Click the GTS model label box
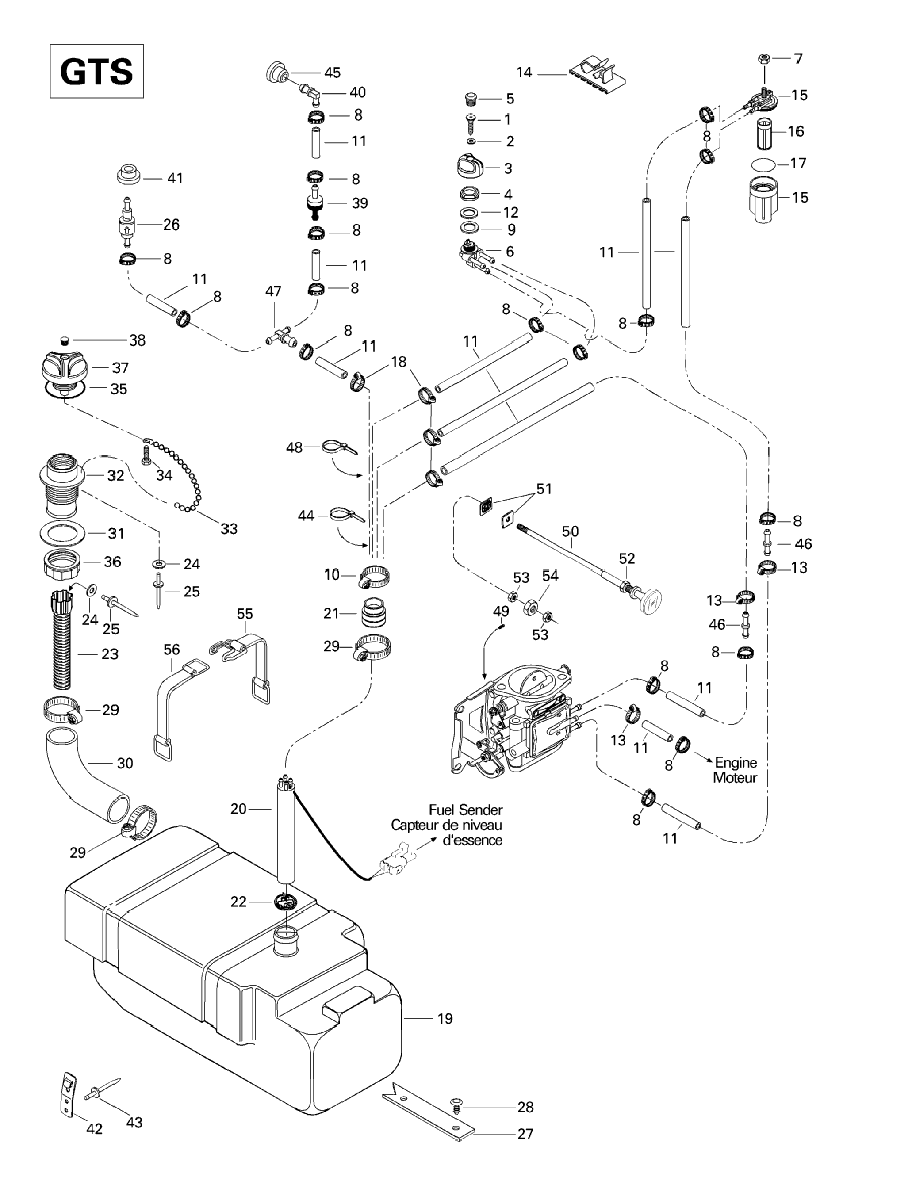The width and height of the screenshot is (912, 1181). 96,71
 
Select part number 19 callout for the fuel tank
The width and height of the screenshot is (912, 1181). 445,1019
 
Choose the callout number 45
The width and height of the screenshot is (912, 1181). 332,73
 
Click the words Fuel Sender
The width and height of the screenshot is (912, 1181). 465,810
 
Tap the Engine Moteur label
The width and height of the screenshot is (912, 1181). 735,770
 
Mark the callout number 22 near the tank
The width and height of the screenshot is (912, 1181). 238,902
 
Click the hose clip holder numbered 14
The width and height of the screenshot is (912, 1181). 598,72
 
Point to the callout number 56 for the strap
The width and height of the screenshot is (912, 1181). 172,649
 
